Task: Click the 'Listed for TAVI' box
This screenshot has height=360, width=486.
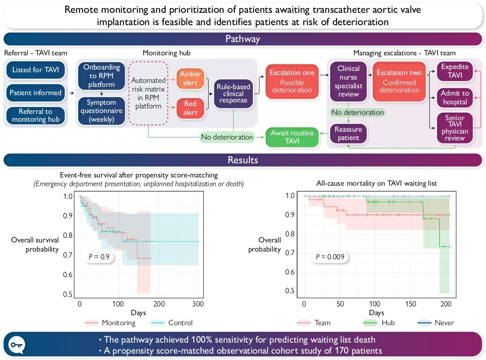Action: coord(36,70)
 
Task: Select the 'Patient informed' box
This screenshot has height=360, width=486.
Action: coord(36,93)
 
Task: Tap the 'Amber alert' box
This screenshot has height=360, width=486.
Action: coord(190,79)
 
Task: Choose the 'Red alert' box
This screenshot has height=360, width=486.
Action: coord(190,108)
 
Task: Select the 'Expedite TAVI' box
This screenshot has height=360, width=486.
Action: coord(451,70)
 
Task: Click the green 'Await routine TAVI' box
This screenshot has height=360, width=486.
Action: coord(292,137)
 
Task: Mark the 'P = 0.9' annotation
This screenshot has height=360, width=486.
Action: coord(99,257)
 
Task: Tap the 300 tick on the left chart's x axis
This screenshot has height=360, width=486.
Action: coord(198,304)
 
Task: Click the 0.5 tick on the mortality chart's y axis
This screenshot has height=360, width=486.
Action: coord(290,291)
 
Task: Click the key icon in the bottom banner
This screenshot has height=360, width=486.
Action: coord(16,344)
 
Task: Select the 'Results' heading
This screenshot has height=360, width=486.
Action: coord(243,160)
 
